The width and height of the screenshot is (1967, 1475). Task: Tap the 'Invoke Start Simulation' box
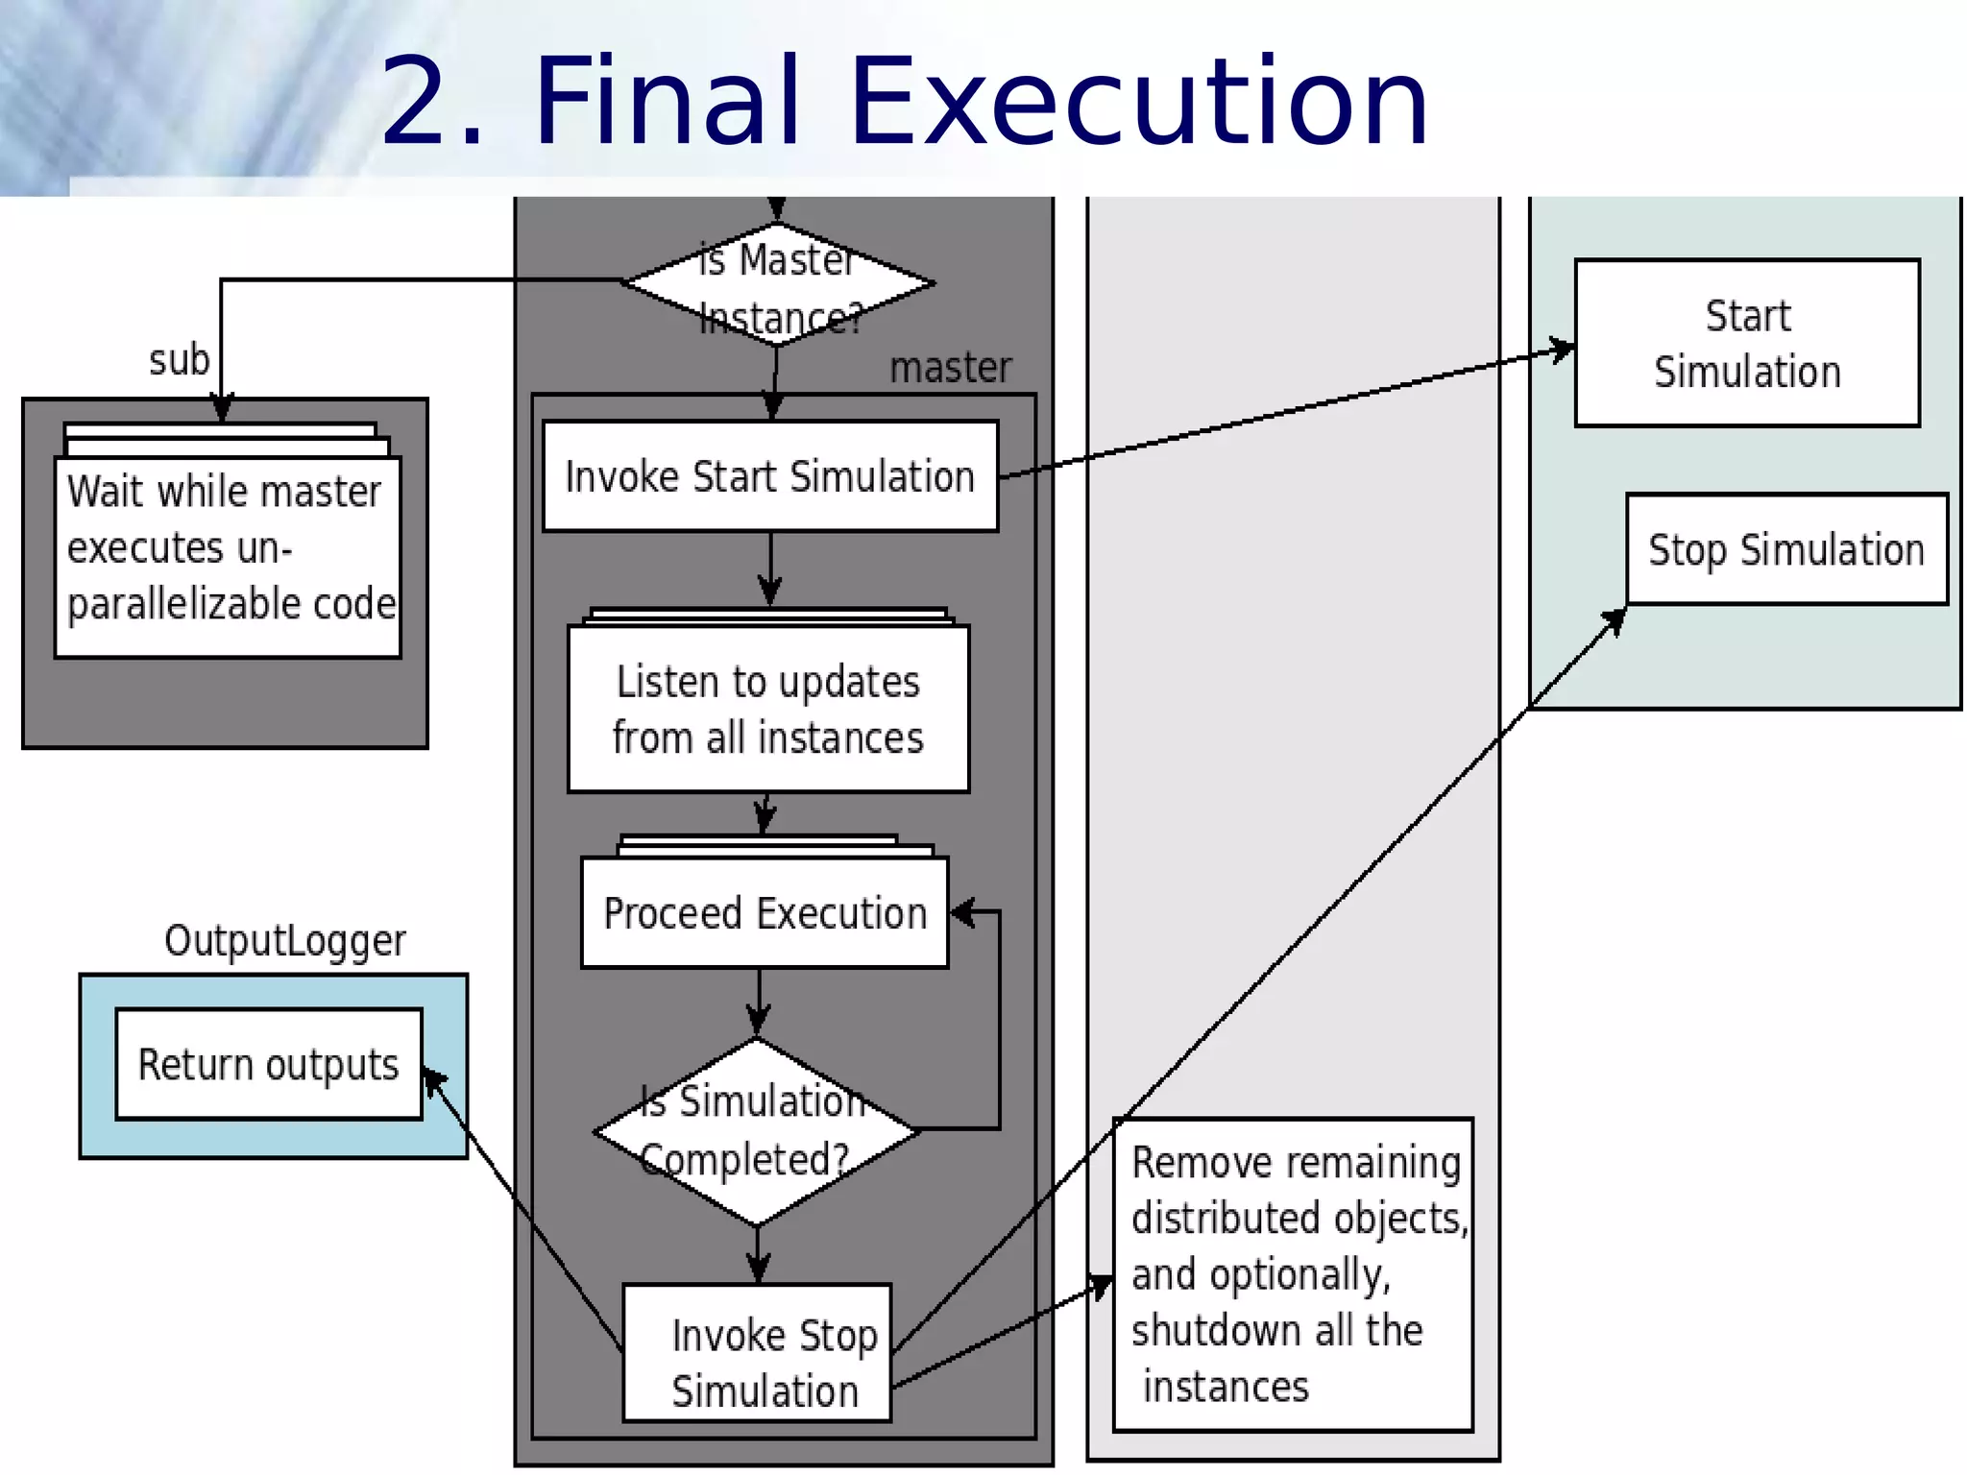pos(770,476)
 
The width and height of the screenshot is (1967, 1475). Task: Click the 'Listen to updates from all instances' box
pos(768,710)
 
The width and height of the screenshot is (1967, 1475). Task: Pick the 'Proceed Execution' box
pos(765,912)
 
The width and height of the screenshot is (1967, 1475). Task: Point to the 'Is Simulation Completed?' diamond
pos(757,1131)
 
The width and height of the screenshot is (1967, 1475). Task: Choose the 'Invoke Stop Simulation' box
pos(758,1353)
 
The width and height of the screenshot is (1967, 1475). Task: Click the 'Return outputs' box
pos(269,1064)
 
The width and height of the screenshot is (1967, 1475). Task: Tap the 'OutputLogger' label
pos(284,941)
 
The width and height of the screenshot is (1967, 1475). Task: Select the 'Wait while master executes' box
pos(228,557)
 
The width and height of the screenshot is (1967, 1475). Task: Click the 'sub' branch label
pos(179,361)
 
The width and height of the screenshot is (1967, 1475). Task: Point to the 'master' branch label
pos(950,368)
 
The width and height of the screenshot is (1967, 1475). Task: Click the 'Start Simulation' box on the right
pos(1747,343)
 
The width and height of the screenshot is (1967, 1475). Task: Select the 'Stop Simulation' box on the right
pos(1786,549)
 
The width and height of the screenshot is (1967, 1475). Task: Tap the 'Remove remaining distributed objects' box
pos(1293,1274)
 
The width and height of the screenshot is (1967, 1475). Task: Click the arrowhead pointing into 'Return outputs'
pos(431,1079)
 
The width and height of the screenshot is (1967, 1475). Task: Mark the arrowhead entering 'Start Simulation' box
pos(1564,350)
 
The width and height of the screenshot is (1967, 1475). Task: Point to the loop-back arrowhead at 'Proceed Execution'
pos(960,912)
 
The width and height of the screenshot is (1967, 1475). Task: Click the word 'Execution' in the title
pos(1140,102)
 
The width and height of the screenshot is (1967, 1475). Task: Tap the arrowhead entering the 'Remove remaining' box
pos(1103,1284)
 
